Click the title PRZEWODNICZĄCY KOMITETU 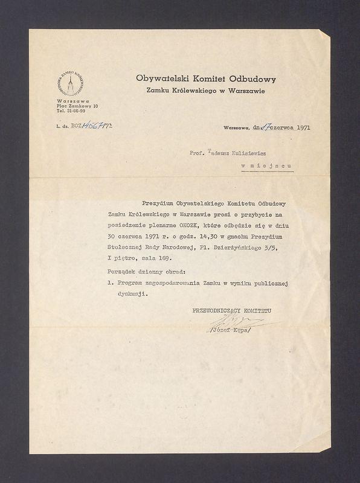point(231,310)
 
